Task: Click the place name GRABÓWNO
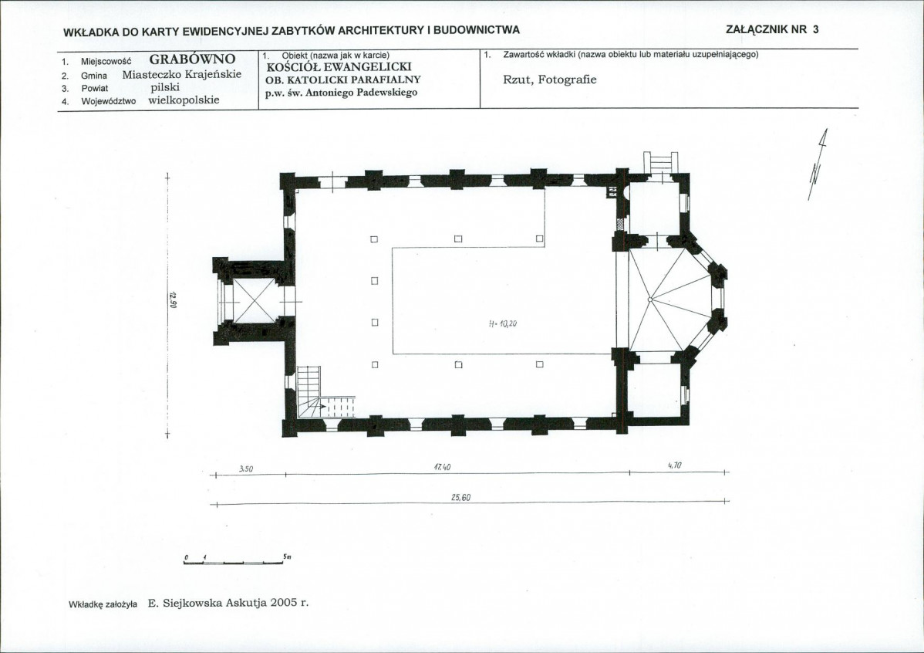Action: coord(192,59)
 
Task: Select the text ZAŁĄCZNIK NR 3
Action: coord(772,29)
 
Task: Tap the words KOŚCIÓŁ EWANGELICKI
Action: coord(339,67)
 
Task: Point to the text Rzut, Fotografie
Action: coord(550,80)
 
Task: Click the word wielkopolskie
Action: coord(184,100)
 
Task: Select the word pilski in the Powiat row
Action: coord(165,86)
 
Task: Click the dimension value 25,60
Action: coord(460,498)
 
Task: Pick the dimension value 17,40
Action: coord(442,467)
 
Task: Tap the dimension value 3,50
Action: coord(246,469)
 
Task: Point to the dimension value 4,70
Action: coord(675,465)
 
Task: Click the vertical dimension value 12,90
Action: coord(174,299)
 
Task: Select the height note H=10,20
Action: coord(503,324)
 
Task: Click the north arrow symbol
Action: coord(818,164)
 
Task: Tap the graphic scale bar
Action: coord(234,562)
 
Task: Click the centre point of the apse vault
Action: coord(650,299)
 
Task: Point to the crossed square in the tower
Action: coord(255,300)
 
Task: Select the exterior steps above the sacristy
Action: coord(660,162)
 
